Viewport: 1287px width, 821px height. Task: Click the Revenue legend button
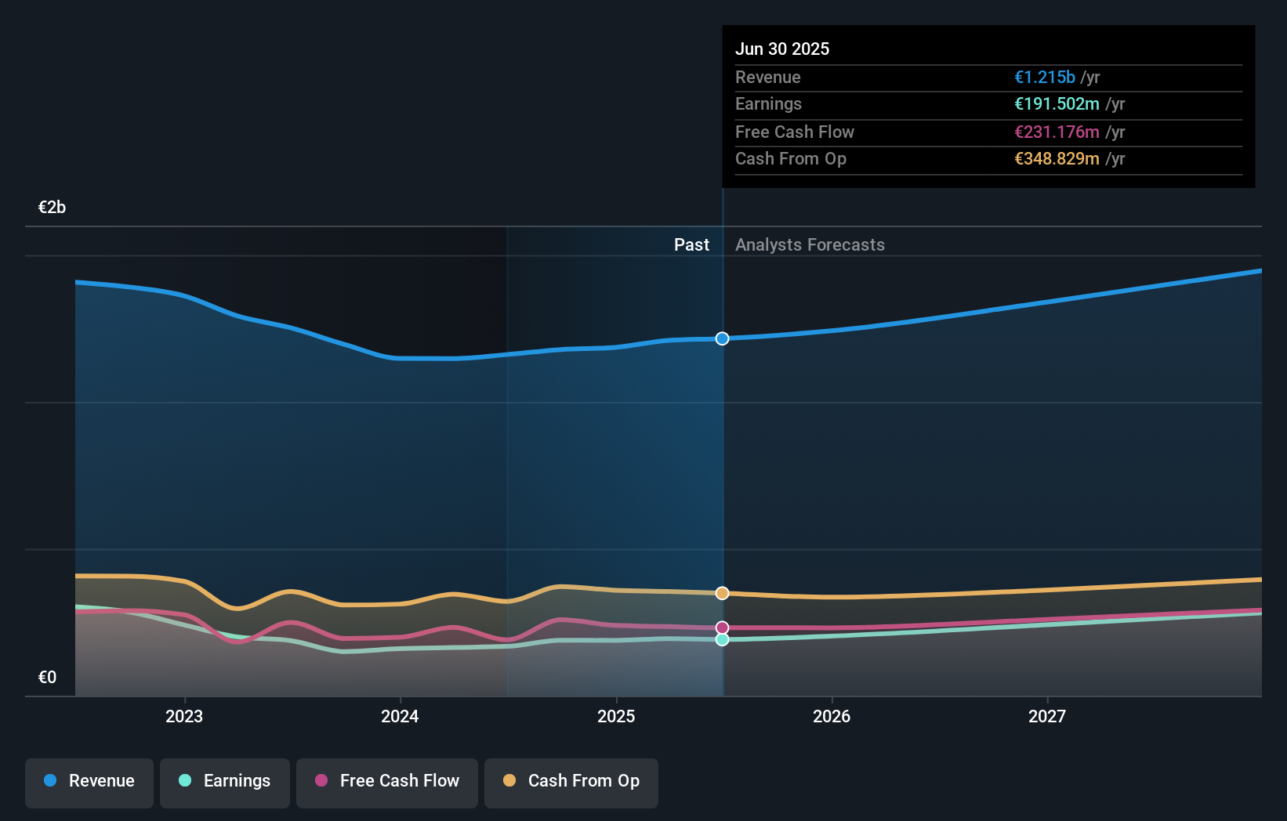tap(89, 781)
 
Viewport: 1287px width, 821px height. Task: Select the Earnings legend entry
tap(225, 781)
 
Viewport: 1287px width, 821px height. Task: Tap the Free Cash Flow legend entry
tap(387, 781)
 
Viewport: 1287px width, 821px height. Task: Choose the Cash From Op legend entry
tap(571, 781)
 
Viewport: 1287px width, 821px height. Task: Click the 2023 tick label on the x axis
tap(184, 716)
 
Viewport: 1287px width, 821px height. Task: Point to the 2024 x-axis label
tap(400, 716)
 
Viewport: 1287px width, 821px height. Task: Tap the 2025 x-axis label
tap(616, 716)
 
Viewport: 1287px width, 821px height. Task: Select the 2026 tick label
tap(832, 716)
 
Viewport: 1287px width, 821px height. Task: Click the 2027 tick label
tap(1047, 716)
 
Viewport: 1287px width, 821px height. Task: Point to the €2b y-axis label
tap(53, 208)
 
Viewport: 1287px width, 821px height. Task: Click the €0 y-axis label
tap(48, 678)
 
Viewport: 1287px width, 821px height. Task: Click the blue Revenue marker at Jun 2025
tap(723, 338)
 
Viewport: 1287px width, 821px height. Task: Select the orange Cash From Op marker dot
tap(723, 593)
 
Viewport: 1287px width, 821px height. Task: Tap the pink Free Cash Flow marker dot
tap(723, 628)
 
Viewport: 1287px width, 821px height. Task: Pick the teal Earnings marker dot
tap(723, 639)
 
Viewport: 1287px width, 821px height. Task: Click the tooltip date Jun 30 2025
tap(782, 49)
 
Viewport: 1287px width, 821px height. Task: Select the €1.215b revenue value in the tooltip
tap(1045, 77)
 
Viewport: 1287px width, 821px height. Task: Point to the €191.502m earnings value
tap(1057, 104)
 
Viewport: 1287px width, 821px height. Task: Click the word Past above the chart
tap(691, 245)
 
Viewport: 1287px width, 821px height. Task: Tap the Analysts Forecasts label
tap(810, 245)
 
